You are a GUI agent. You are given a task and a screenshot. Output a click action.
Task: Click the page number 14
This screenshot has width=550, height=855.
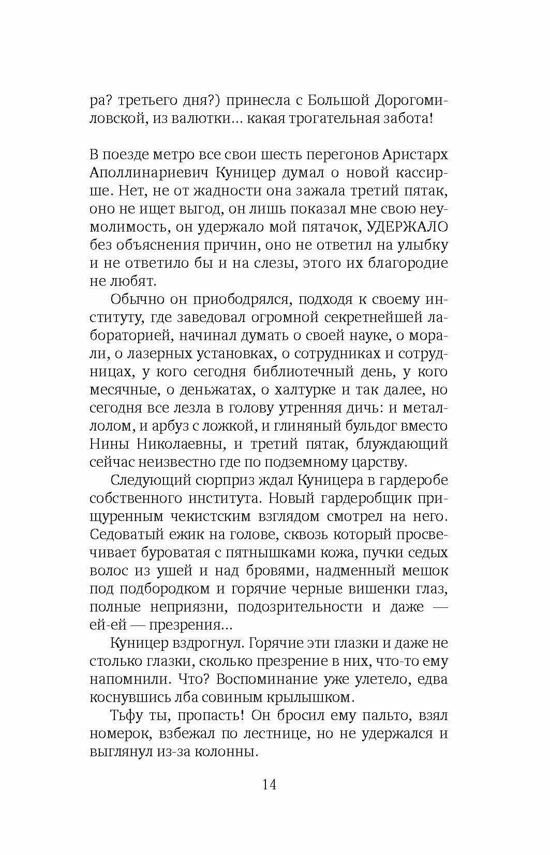(269, 784)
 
